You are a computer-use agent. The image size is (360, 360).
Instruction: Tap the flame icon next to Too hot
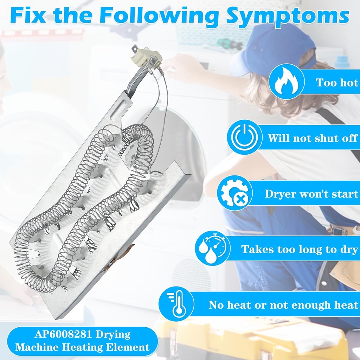(x=287, y=81)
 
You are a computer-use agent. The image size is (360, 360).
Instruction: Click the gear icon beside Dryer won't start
(x=234, y=193)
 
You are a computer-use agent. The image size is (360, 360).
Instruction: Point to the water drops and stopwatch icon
(x=213, y=248)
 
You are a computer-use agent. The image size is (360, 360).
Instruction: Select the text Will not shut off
(x=313, y=138)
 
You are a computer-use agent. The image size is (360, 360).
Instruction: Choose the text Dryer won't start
(x=311, y=194)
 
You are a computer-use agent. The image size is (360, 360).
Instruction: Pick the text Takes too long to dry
(x=300, y=249)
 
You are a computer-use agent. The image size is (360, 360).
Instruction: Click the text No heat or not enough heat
(x=283, y=305)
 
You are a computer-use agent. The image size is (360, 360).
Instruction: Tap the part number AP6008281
(x=63, y=334)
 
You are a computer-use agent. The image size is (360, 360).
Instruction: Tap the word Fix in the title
(x=28, y=15)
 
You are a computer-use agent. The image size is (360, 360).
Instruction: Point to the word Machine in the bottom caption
(x=38, y=347)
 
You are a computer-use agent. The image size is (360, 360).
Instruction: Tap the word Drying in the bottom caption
(x=113, y=335)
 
